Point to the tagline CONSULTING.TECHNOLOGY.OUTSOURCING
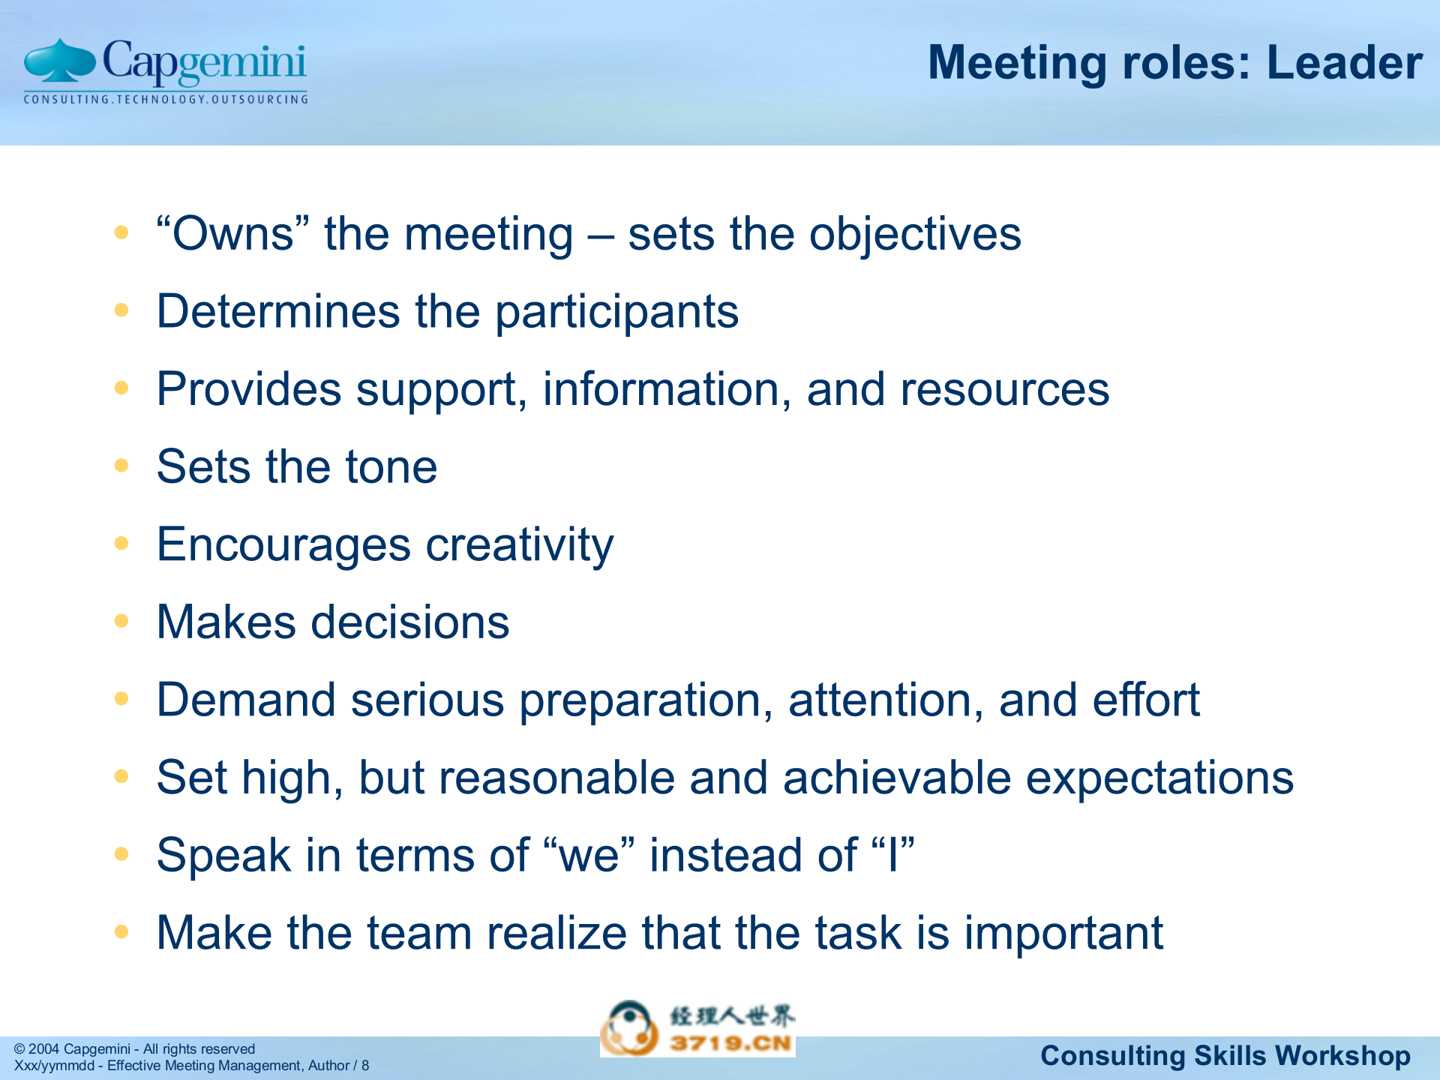pyautogui.click(x=166, y=99)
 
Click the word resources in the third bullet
pyautogui.click(x=1004, y=390)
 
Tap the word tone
pyautogui.click(x=391, y=467)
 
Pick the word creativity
pyautogui.click(x=519, y=546)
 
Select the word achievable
pyautogui.click(x=897, y=778)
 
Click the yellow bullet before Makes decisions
pyautogui.click(x=121, y=621)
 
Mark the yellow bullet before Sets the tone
pyautogui.click(x=121, y=466)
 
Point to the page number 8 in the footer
pyautogui.click(x=365, y=1066)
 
